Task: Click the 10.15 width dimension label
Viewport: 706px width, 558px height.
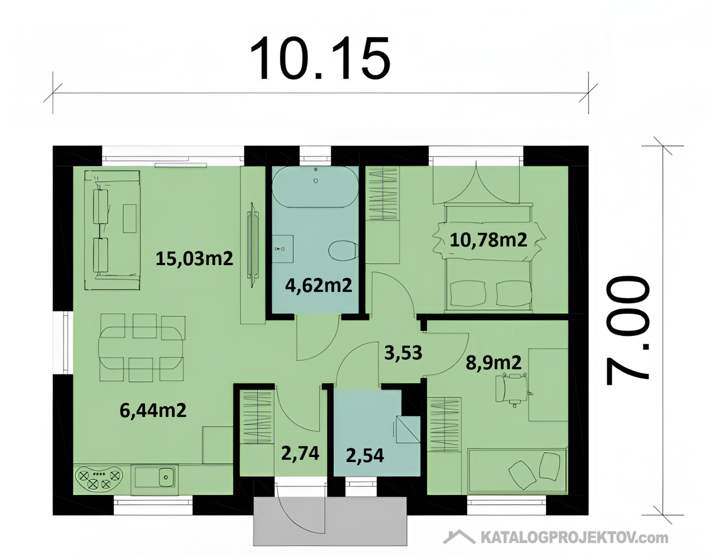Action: point(320,58)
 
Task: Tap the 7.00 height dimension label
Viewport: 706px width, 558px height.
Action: point(627,330)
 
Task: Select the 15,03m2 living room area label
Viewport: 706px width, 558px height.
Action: point(194,259)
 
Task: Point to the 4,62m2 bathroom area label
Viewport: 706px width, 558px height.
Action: point(318,285)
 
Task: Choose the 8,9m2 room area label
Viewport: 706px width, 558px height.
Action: point(494,363)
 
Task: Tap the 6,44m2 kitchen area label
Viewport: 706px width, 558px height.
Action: point(153,410)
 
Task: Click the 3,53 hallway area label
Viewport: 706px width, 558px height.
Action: point(403,353)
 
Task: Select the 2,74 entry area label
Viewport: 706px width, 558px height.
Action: point(300,453)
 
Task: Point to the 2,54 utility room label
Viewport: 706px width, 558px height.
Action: point(365,456)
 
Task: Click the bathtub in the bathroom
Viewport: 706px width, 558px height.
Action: point(316,187)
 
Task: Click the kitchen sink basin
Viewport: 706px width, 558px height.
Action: point(167,477)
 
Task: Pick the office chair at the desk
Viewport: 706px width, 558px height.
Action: point(512,389)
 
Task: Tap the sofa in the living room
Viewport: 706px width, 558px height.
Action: point(113,230)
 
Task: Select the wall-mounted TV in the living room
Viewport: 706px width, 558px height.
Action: point(253,245)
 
